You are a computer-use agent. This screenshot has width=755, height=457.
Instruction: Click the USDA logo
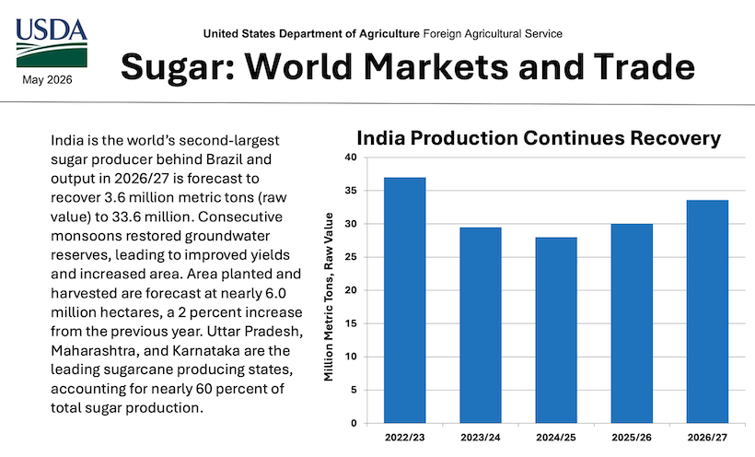(x=52, y=43)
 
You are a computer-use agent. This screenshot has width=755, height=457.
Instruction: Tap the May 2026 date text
(x=47, y=80)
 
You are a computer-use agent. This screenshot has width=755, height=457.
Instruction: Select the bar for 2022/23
(x=404, y=300)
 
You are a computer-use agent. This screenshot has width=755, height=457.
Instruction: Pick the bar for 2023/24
(x=481, y=325)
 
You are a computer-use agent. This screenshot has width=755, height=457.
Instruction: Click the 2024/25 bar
(x=556, y=330)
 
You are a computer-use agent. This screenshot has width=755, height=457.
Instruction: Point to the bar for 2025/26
(x=632, y=323)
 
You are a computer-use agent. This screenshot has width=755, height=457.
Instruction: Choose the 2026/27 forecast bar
(x=707, y=312)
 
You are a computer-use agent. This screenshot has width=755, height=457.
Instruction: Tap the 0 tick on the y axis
(x=354, y=423)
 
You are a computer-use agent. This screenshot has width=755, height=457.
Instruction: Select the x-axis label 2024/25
(x=556, y=438)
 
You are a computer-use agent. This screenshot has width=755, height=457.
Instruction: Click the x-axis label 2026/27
(x=707, y=438)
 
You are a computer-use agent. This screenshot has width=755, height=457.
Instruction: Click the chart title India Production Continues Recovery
(x=539, y=138)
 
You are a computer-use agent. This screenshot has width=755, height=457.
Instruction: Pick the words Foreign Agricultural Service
(x=493, y=34)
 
